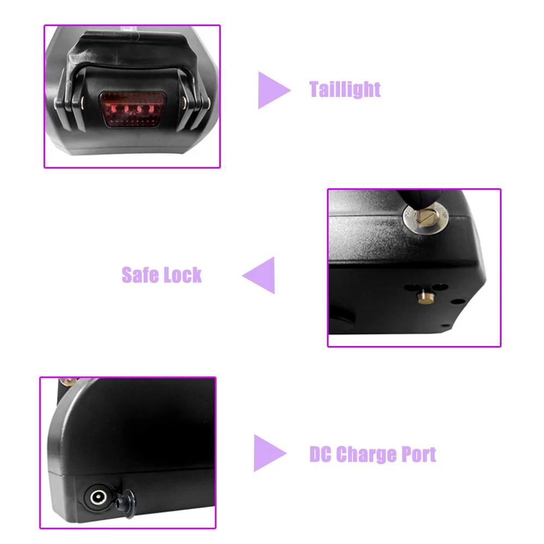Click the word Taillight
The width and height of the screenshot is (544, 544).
click(345, 89)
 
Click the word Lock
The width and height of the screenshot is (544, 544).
click(182, 275)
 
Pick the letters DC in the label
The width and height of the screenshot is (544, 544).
click(320, 454)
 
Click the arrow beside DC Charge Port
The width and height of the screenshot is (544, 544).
click(269, 453)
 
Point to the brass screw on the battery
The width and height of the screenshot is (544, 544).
click(69, 382)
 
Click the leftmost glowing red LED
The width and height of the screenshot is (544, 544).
click(111, 109)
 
